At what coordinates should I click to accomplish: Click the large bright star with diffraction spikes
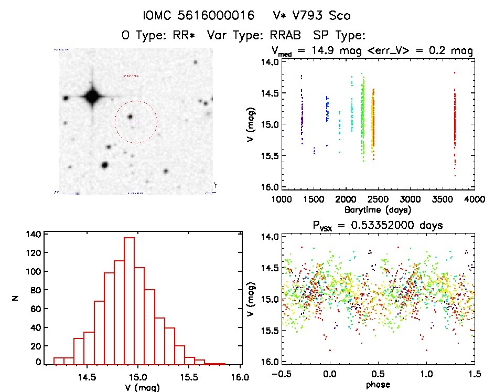pos(92,96)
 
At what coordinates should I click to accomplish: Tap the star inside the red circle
pos(130,117)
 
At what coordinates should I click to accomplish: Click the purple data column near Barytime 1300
pos(302,115)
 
